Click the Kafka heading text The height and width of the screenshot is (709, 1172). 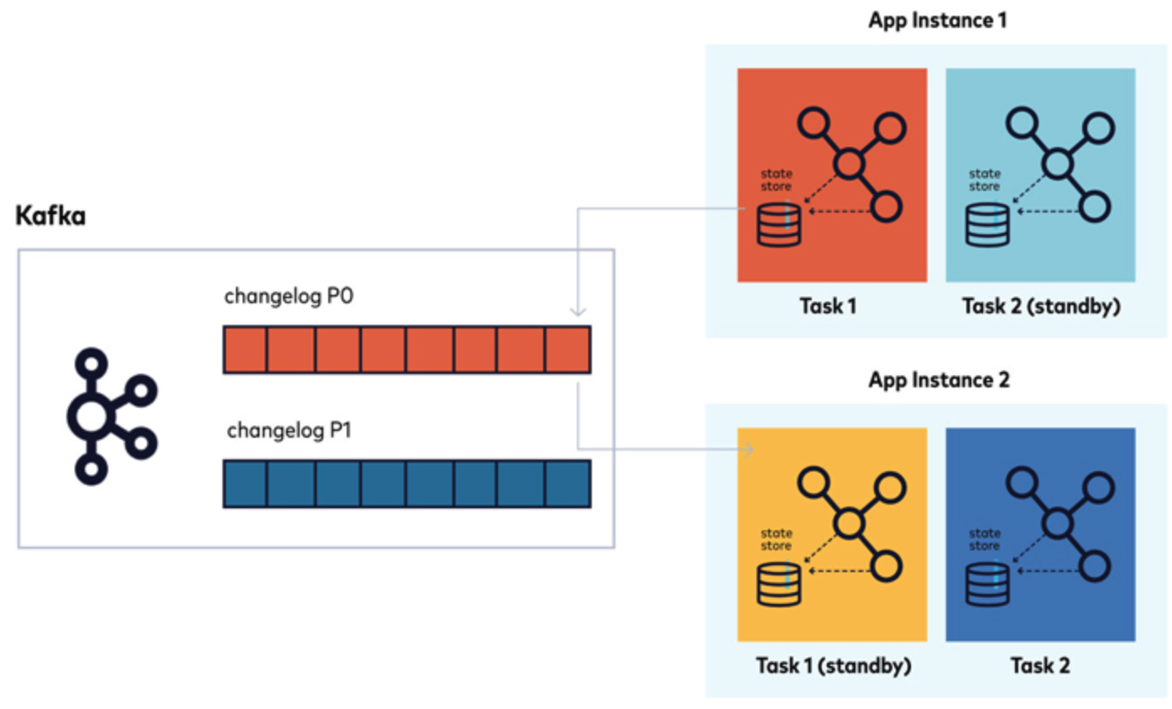[51, 217]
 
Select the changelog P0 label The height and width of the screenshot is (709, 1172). [280, 298]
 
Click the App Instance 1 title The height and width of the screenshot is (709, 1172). [937, 20]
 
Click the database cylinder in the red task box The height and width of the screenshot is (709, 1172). [778, 224]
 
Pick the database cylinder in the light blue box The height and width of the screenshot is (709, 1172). [986, 224]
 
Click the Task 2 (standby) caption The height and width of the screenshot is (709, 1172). [1041, 307]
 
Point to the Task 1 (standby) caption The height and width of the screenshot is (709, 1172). [832, 666]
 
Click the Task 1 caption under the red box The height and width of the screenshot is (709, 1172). [832, 307]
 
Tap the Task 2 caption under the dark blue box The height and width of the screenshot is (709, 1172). [1041, 666]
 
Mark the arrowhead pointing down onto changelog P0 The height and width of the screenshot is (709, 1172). [578, 311]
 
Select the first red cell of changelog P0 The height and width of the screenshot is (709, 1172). [245, 349]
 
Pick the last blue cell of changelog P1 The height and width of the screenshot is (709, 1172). [568, 484]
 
